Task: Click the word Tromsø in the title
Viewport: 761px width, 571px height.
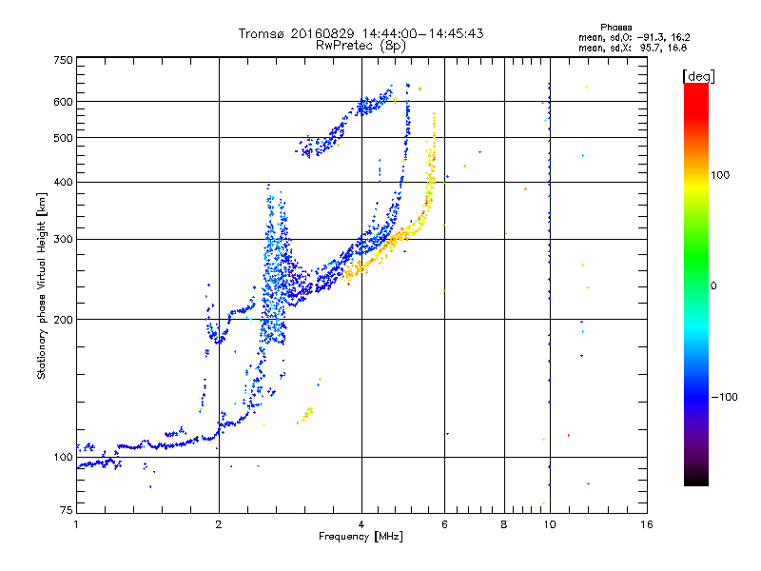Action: [x=262, y=33]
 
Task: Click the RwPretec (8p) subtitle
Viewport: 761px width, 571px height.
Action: [x=361, y=46]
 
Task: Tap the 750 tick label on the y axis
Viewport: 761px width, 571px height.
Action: [x=64, y=60]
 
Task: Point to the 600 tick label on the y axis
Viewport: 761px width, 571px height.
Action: [x=64, y=102]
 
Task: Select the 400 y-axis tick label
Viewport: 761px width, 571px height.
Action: [x=64, y=182]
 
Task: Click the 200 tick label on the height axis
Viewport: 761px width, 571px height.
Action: [x=64, y=320]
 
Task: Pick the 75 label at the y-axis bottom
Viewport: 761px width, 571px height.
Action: [x=67, y=510]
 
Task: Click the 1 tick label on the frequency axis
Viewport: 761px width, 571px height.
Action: [x=76, y=524]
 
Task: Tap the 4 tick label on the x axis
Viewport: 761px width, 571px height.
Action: [x=361, y=524]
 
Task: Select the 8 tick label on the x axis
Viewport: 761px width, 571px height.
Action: [x=504, y=524]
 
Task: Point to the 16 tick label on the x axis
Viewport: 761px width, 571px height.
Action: [x=647, y=524]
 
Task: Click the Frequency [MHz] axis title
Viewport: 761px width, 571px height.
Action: [x=361, y=537]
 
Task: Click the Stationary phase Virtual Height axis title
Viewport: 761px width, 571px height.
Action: [x=42, y=286]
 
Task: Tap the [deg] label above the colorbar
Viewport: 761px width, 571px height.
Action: [x=698, y=76]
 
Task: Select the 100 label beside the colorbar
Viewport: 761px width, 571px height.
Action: [x=720, y=175]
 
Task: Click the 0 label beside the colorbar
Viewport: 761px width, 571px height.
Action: [x=713, y=286]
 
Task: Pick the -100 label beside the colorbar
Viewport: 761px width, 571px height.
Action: [x=725, y=397]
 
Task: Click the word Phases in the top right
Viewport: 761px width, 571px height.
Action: [x=615, y=28]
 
